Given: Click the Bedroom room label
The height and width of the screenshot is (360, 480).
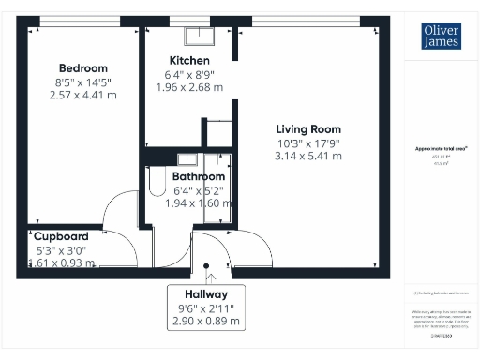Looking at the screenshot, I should pos(83,68).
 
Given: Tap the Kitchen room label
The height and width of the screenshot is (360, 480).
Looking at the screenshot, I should pos(188,61).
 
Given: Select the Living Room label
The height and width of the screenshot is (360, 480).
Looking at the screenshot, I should pos(307,129).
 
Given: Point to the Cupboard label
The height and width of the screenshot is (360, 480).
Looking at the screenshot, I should pos(62,236).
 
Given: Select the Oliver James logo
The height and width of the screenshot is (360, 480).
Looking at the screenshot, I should pos(440,37).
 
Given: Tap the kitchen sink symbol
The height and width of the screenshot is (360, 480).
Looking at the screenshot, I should pos(200,37).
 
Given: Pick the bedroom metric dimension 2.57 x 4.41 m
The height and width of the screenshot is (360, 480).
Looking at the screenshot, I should pos(83,95).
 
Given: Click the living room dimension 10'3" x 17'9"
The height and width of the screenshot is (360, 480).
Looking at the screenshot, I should pos(307,143).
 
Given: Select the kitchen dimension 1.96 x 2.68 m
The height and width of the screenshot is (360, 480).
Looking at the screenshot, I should pos(188,87).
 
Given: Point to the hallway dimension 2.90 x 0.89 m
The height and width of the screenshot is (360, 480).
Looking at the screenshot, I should pos(202,321).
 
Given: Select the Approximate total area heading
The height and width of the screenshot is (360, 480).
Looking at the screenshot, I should pos(441,149).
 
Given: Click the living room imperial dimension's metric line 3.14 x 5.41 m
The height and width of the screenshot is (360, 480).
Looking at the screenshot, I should pos(307,157).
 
